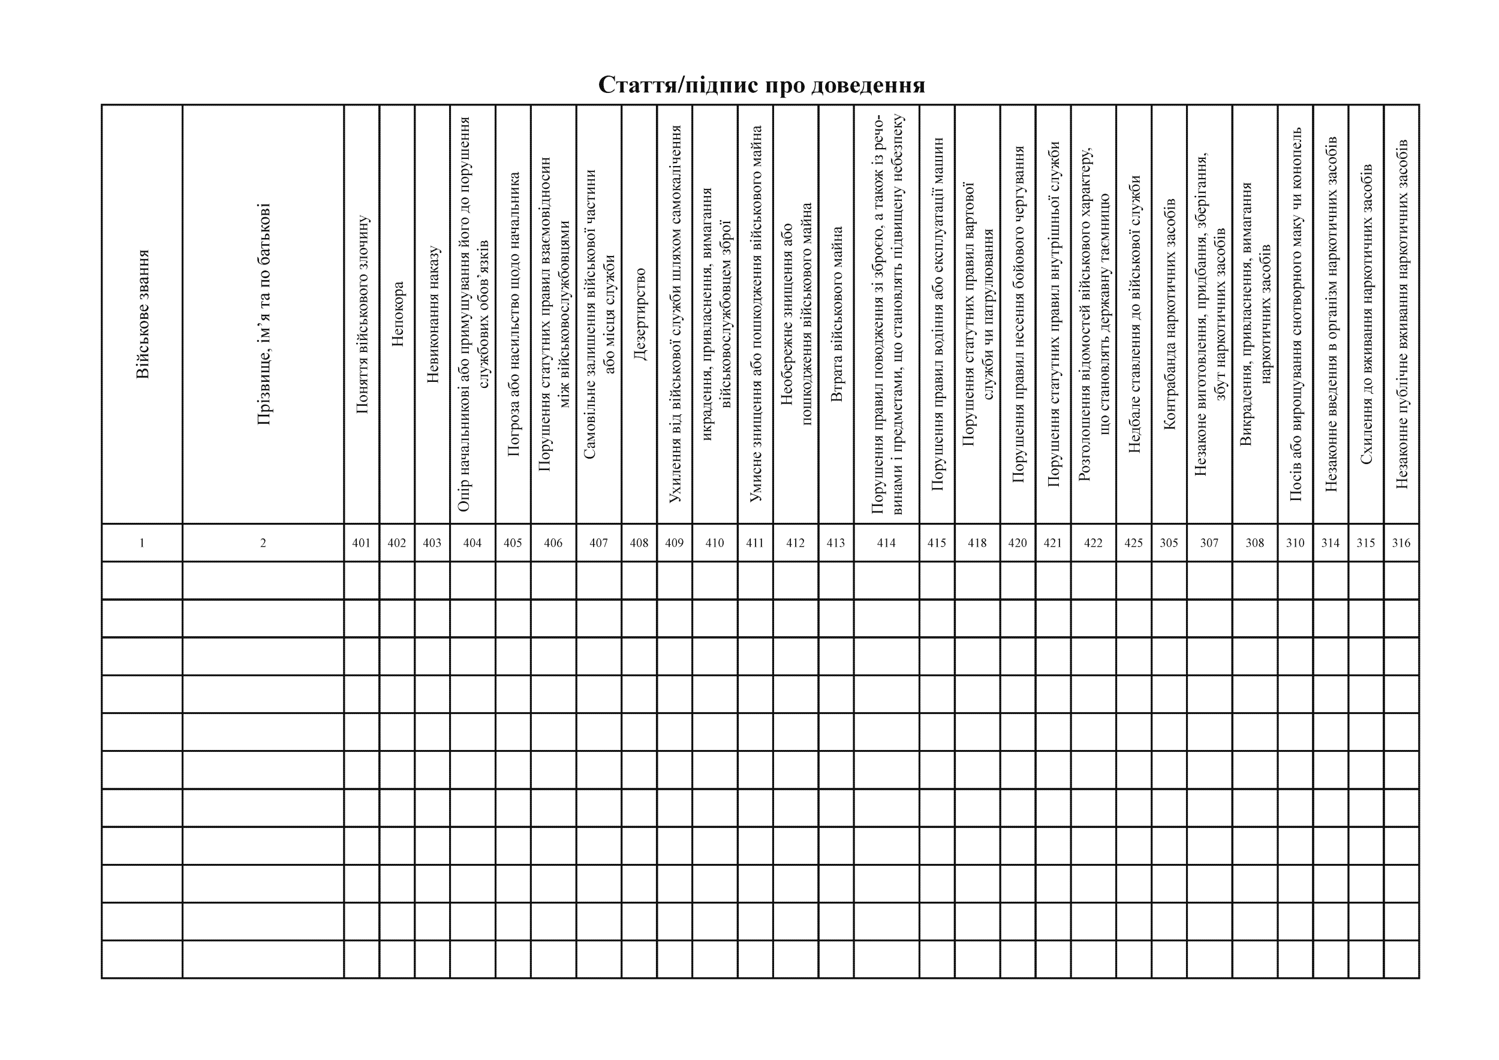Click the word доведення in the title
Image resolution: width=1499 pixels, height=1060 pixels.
click(868, 85)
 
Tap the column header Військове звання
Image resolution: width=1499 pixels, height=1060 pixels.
click(142, 314)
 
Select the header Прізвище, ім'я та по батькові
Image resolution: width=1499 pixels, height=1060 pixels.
click(263, 314)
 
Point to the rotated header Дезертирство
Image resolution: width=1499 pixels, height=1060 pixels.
click(639, 314)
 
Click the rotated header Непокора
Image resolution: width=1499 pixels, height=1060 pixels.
click(397, 314)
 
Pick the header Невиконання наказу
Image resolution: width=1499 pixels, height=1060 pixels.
click(432, 314)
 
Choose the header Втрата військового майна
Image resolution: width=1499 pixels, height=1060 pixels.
click(836, 314)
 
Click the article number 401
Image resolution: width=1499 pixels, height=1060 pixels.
click(361, 543)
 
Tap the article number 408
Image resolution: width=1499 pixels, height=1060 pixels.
click(639, 543)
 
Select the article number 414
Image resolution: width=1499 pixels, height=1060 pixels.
click(886, 543)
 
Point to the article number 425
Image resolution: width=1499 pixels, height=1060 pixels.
click(1133, 543)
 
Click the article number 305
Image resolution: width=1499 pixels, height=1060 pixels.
click(1169, 543)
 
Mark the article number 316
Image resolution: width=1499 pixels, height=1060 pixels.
click(1401, 543)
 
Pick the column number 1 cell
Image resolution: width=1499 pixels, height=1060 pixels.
click(142, 543)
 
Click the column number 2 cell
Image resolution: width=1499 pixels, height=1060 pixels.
click(263, 543)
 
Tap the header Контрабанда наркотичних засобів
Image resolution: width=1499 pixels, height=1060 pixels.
click(1169, 314)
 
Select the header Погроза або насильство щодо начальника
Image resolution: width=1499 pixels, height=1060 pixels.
click(513, 314)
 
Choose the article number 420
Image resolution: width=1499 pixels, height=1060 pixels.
click(1018, 543)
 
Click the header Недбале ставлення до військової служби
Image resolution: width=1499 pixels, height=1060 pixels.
click(1134, 314)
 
